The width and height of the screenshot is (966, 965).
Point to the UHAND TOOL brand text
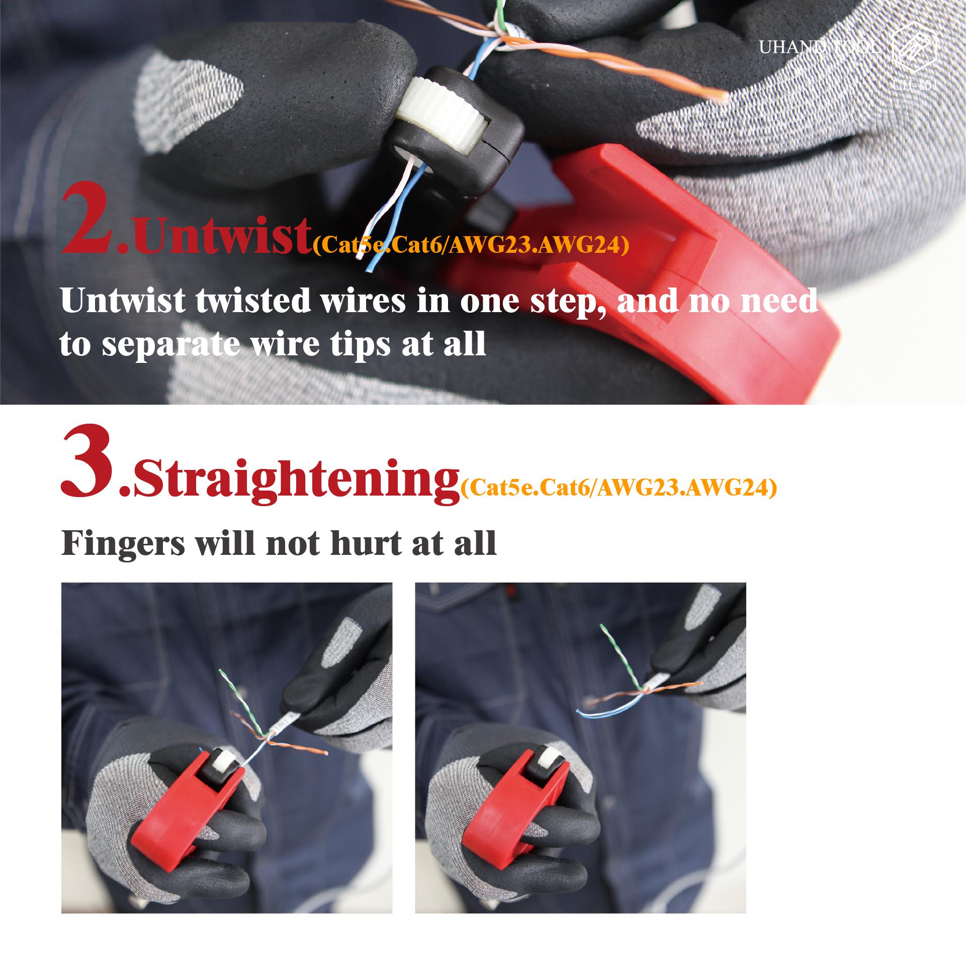(819, 48)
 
